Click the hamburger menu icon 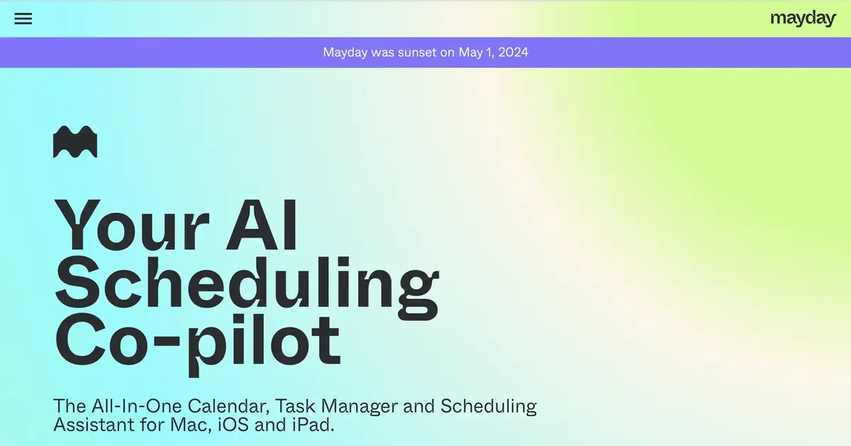[23, 19]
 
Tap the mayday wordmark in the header [803, 19]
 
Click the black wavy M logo [75, 142]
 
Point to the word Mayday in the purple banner [345, 52]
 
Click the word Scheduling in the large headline [247, 287]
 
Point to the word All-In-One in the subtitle [134, 406]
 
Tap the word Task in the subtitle [295, 406]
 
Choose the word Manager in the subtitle [360, 406]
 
